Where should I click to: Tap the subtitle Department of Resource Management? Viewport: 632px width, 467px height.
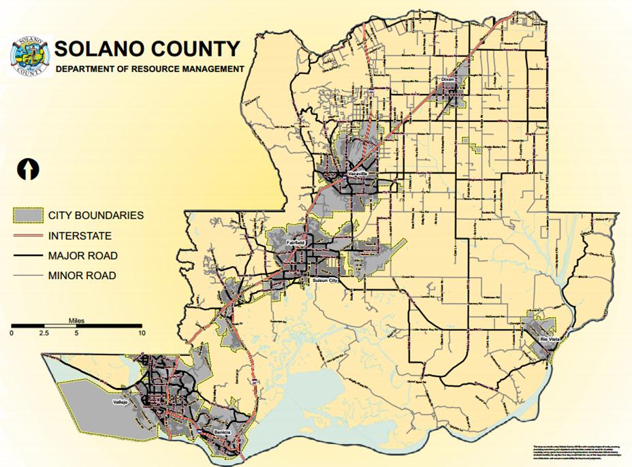point(149,69)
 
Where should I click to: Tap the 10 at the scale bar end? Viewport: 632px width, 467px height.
point(142,334)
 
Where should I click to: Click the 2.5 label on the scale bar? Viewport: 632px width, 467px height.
point(44,334)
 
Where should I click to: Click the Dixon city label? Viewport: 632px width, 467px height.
point(447,80)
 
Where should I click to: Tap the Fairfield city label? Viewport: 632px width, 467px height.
point(296,242)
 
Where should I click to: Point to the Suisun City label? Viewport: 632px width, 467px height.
point(321,280)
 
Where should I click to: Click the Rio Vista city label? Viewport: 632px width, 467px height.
point(543,338)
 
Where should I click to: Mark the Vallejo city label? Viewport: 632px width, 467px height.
point(121,402)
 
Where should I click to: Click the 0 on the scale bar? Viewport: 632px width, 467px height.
point(12,334)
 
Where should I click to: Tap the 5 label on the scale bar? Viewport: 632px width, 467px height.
point(76,334)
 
